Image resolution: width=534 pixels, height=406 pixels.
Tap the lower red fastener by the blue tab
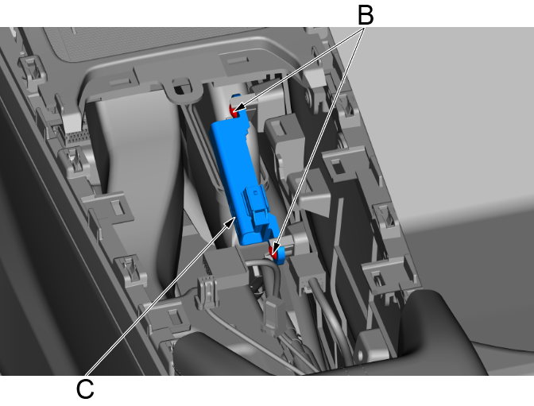276,253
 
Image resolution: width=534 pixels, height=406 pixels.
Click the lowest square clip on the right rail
380,269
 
